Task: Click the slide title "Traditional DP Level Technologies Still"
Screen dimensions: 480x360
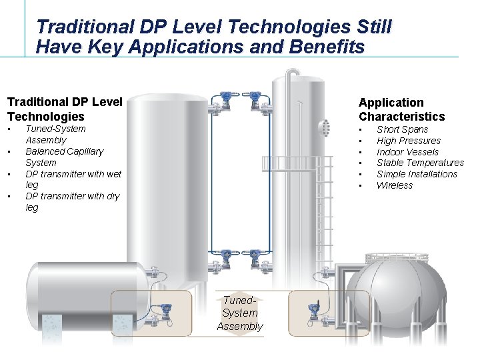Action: [x=213, y=27]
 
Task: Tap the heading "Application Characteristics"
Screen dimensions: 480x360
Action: [x=401, y=109]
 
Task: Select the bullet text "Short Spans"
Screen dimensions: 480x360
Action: [x=402, y=129]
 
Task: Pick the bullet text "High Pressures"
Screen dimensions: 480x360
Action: [x=408, y=141]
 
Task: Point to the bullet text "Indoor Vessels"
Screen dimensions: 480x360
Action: [x=407, y=152]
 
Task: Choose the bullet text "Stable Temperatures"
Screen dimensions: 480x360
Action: [x=420, y=163]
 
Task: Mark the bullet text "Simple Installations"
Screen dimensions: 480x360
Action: [x=417, y=174]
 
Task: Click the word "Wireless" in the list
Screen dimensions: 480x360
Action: [x=395, y=185]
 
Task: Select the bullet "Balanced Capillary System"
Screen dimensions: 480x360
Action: [x=64, y=157]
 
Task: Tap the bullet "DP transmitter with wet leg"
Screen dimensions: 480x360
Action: [x=73, y=179]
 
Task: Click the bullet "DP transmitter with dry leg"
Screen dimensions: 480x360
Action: [x=73, y=201]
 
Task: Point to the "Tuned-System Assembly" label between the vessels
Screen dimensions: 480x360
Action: [x=239, y=313]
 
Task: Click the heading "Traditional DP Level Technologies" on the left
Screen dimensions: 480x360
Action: [x=65, y=109]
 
